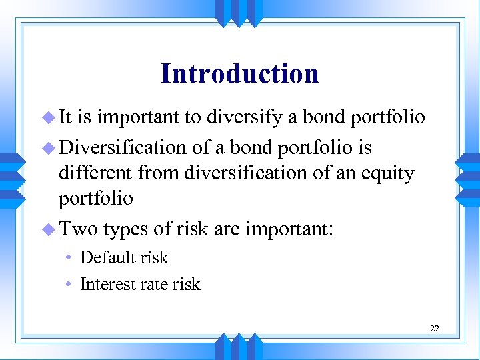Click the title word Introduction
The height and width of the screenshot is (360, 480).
[239, 73]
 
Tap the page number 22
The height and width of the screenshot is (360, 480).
[435, 328]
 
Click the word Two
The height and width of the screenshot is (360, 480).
[78, 229]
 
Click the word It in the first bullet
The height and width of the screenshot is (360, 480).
[67, 117]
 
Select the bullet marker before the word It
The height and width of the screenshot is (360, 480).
[49, 118]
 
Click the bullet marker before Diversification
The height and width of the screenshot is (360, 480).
[49, 147]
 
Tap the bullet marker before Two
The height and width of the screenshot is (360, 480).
[49, 229]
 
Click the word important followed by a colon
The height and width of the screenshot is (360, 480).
[290, 229]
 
